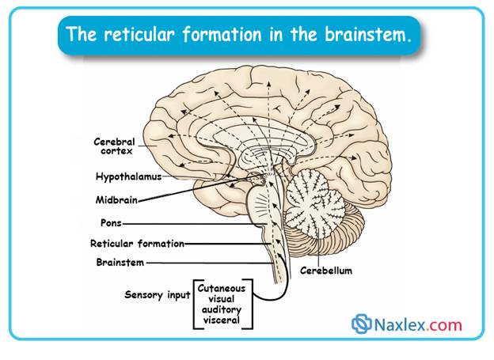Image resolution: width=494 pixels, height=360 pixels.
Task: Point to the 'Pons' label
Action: [x=109, y=223]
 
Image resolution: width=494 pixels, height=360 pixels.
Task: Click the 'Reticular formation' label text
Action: [x=137, y=244]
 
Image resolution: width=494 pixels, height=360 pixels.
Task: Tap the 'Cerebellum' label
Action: [x=325, y=271]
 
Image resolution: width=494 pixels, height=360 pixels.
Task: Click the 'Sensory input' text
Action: [x=158, y=294]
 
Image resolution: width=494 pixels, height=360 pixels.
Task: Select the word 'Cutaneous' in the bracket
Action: [x=222, y=289]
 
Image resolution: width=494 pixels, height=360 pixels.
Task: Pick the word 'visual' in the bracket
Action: [x=222, y=300]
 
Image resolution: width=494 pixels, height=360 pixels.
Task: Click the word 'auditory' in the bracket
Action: [x=222, y=311]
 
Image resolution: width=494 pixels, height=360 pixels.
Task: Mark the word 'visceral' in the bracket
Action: [x=222, y=322]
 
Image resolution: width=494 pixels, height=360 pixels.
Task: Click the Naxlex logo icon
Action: [x=362, y=324]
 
